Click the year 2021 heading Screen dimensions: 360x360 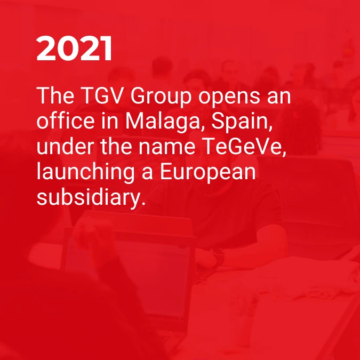coord(74,48)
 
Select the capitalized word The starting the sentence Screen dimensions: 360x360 coord(55,95)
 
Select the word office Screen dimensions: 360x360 coord(66,121)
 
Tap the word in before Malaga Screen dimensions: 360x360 coord(110,121)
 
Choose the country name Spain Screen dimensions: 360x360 coord(242,123)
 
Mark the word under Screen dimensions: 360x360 coord(65,146)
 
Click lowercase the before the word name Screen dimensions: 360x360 coord(116,146)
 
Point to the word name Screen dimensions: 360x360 coord(167,148)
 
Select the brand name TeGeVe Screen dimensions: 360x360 coord(244,147)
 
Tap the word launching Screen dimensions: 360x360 coord(85,173)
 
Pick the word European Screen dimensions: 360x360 coord(208,173)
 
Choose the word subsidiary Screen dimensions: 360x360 coord(88,198)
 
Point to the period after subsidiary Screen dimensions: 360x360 coord(143,203)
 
